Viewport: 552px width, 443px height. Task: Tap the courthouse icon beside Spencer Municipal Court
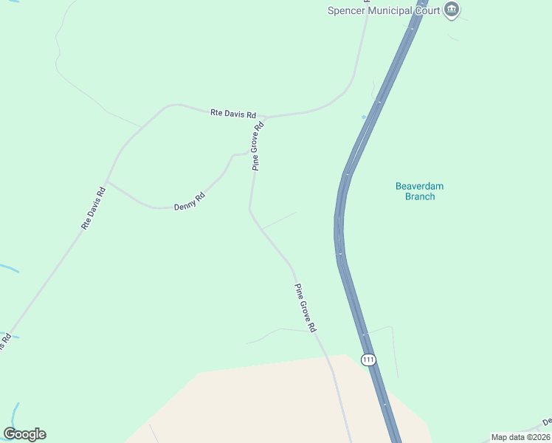click(x=452, y=10)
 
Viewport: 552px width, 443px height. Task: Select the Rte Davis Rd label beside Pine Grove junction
click(x=233, y=114)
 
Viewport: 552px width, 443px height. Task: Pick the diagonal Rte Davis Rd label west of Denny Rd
click(x=95, y=208)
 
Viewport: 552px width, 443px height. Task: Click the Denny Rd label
click(x=189, y=202)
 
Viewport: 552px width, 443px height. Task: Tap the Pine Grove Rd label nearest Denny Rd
click(x=258, y=146)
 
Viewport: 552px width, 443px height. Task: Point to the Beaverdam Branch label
click(x=420, y=191)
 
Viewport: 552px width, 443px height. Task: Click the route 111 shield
click(x=369, y=360)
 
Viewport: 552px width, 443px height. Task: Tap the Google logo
click(x=24, y=434)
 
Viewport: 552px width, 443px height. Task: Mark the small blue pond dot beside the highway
click(x=364, y=117)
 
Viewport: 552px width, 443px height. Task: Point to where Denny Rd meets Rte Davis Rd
click(x=106, y=181)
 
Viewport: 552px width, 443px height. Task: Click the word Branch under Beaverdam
click(x=420, y=196)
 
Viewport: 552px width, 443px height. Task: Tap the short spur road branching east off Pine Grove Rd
click(x=279, y=220)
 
